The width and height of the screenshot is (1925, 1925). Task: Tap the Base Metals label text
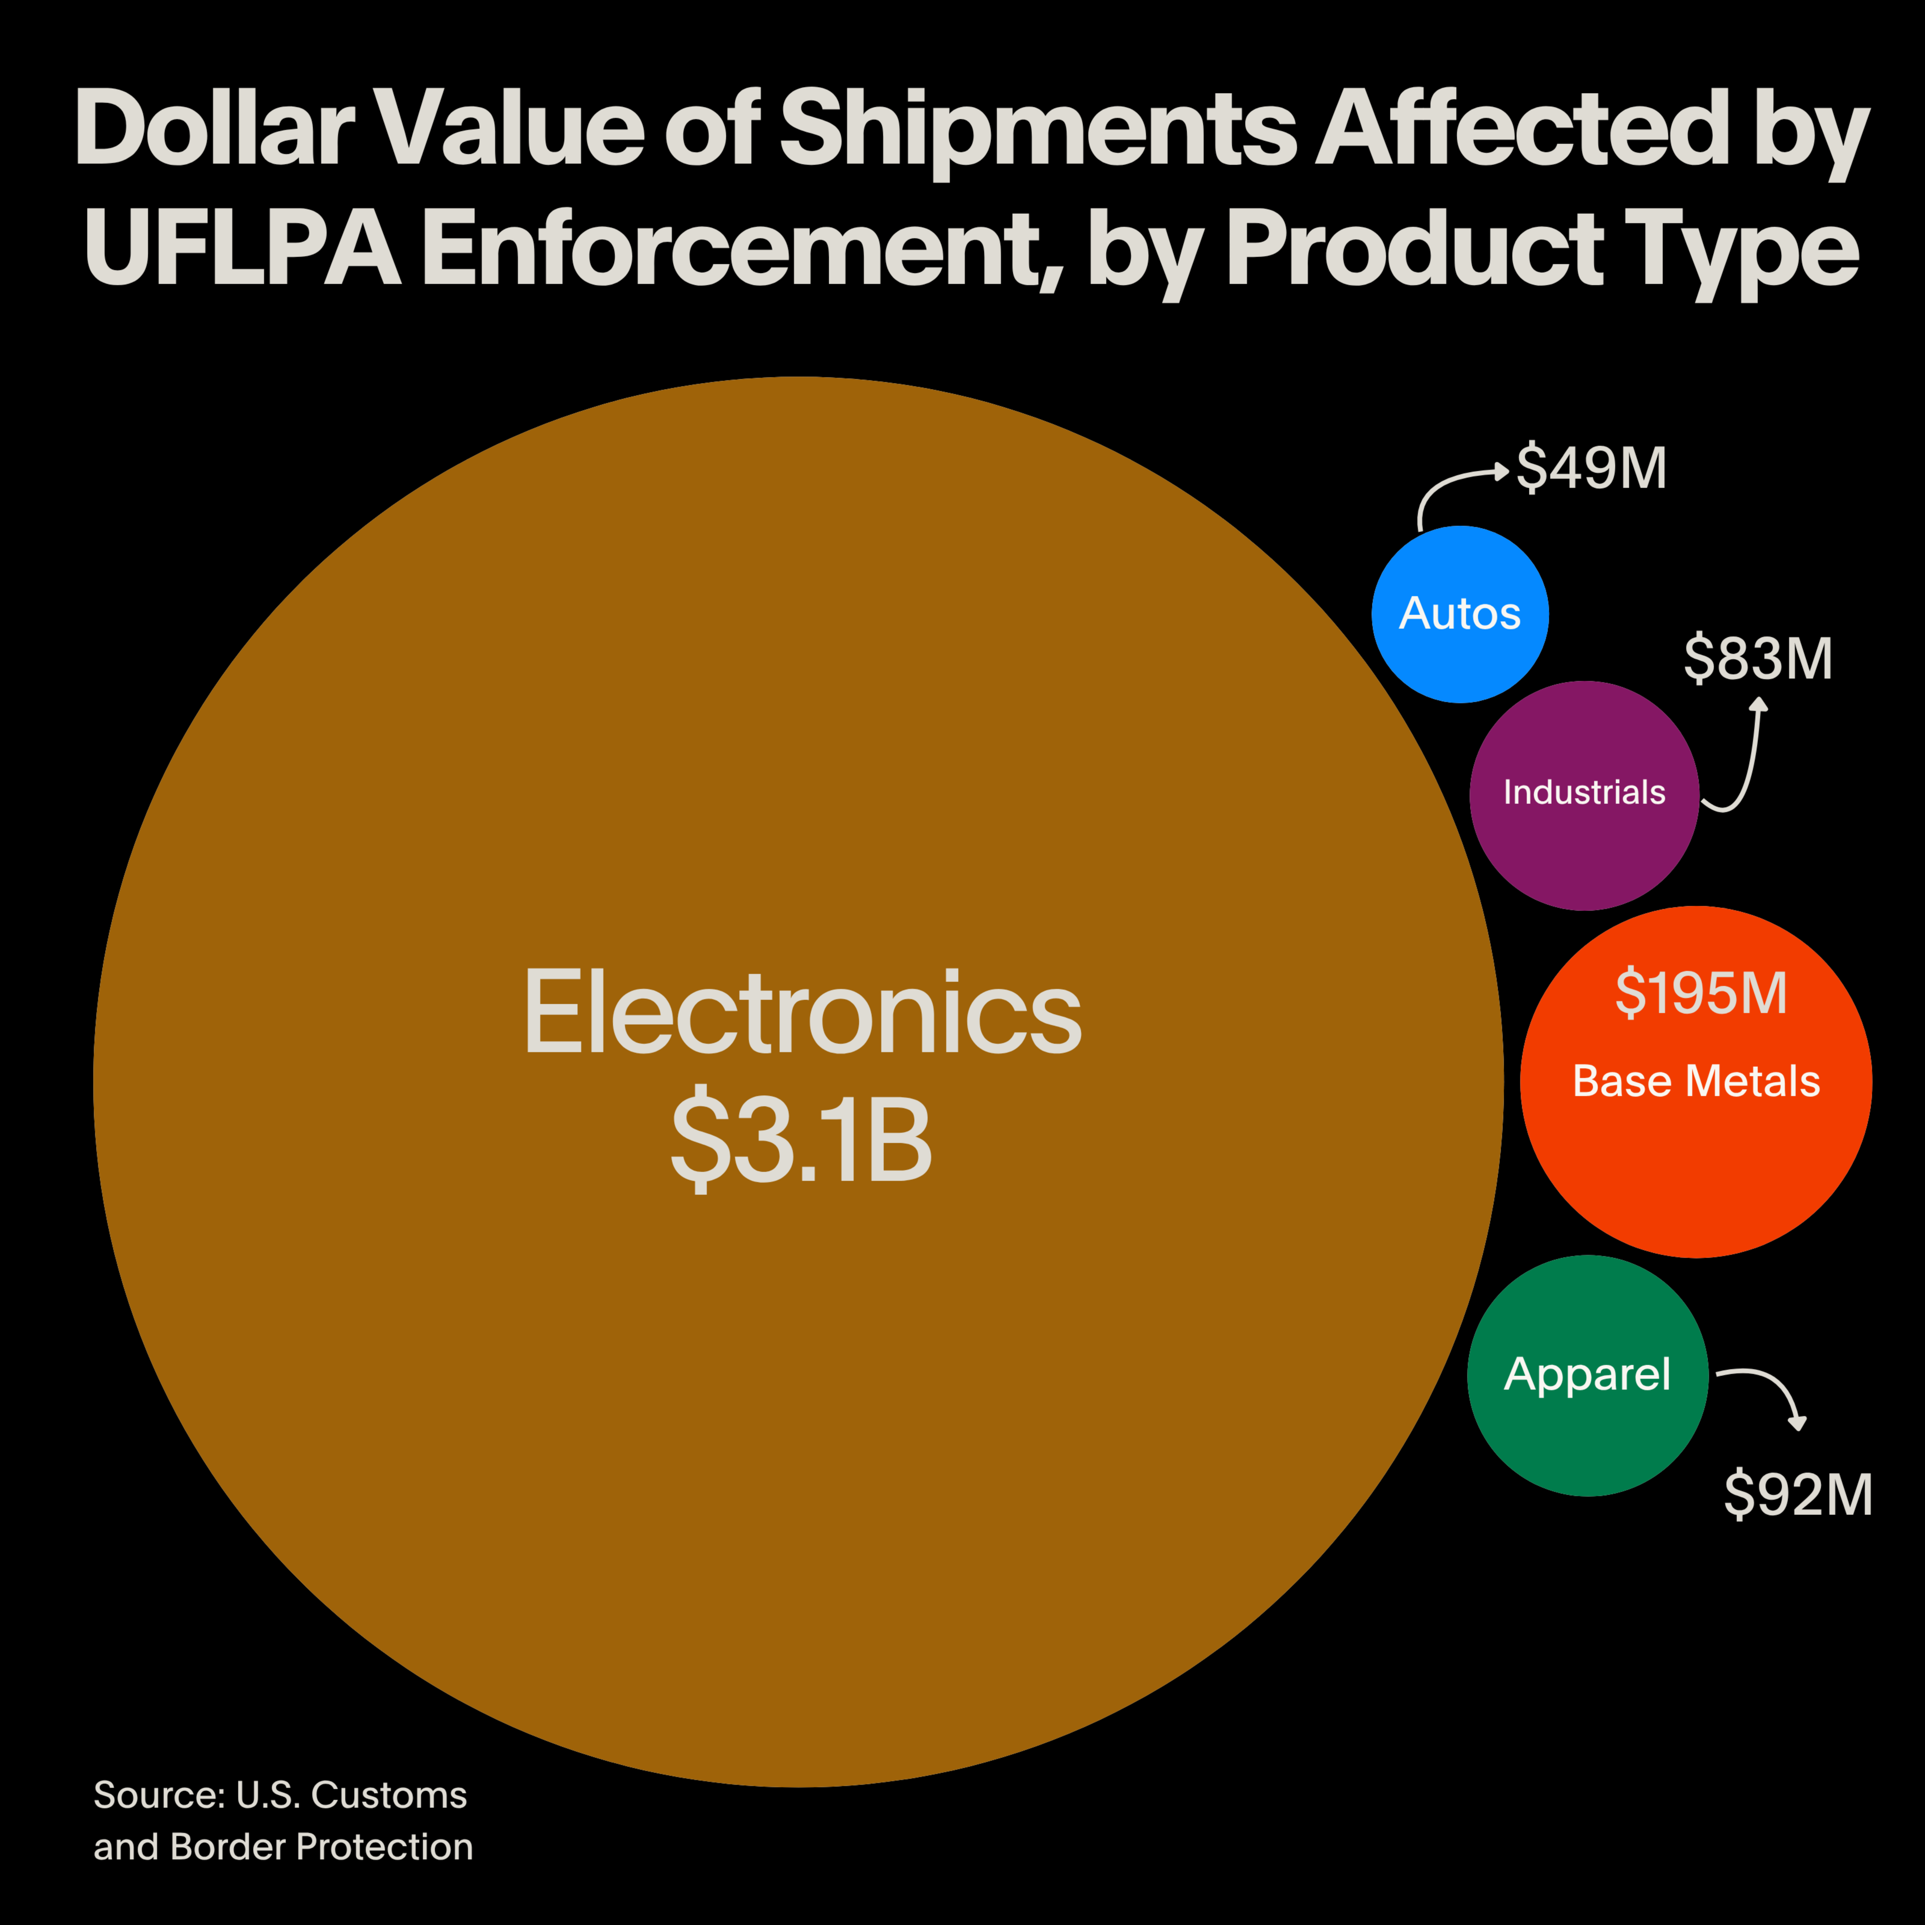[x=1696, y=1081]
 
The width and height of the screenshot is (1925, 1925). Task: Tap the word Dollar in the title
[x=214, y=130]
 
